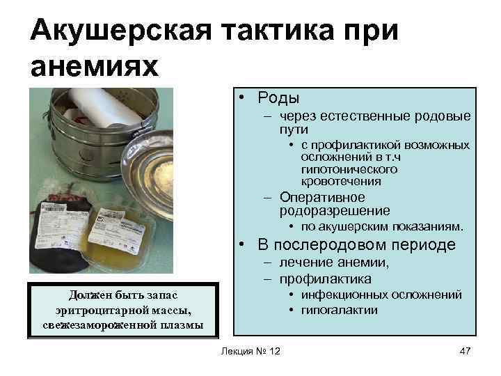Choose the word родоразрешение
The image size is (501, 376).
(x=335, y=210)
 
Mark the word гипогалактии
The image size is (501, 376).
(x=340, y=309)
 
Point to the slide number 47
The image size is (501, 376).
(x=466, y=350)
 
